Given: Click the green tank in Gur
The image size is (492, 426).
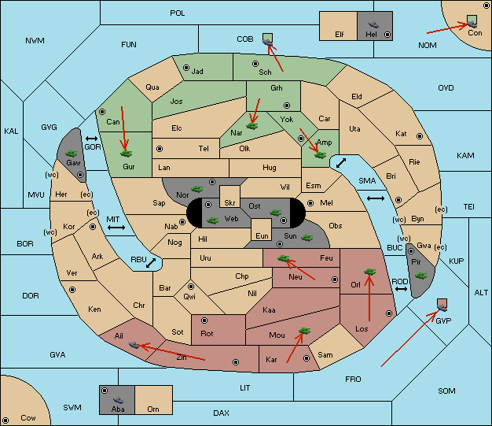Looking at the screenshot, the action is pos(126,154).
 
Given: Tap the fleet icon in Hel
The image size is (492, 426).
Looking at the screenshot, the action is pos(373,24).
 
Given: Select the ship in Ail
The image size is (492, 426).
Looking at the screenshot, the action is pos(134,345).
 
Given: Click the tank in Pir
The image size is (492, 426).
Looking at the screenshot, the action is pos(420,276).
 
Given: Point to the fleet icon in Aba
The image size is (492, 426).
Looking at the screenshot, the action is pos(118,399).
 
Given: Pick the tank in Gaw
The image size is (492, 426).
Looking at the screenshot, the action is pos(72,154).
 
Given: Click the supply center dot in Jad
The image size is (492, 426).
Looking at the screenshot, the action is pos(186,68).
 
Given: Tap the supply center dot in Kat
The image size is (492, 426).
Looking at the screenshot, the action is pos(420,136).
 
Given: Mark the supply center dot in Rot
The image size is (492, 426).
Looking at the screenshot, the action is pos(204,320).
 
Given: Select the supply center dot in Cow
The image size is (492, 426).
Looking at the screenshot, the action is pos(6,420).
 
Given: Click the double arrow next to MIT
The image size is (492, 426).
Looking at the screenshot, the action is pos(116,228).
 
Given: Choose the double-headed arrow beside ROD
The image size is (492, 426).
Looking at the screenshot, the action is pos(401,289).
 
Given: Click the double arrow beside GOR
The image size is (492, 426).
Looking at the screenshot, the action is pos(92,139).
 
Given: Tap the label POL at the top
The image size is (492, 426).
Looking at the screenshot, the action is pos(178,13).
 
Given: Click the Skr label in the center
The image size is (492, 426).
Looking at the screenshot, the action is pos(229,203).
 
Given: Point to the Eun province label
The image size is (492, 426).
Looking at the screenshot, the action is pos(262,235).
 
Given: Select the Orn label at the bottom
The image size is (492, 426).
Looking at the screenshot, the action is pos(153,409).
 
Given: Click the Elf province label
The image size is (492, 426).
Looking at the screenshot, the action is pos(340,35).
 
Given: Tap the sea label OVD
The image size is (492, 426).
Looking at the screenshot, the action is pos(446,88).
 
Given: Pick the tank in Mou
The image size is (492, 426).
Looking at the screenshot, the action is pos(304,331).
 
